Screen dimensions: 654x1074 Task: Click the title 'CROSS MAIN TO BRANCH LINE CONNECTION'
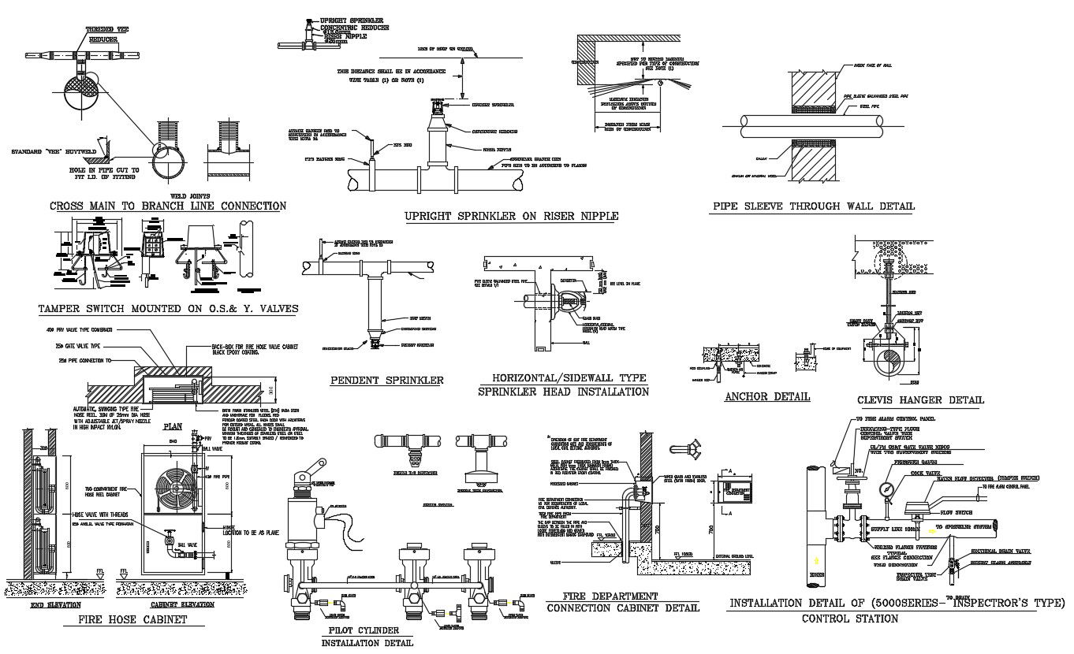tap(168, 206)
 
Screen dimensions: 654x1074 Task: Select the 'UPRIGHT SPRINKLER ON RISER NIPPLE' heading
tap(511, 216)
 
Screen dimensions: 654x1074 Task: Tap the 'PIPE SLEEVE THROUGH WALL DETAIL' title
tap(814, 207)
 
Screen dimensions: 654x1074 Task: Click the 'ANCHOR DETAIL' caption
tap(767, 396)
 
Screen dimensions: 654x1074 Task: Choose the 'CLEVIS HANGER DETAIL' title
tap(920, 399)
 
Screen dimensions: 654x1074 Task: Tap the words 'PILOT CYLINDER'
tap(363, 630)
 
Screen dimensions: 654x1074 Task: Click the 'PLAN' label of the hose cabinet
tap(173, 426)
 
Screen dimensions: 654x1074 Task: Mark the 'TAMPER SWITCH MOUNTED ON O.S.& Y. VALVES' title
tap(168, 309)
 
